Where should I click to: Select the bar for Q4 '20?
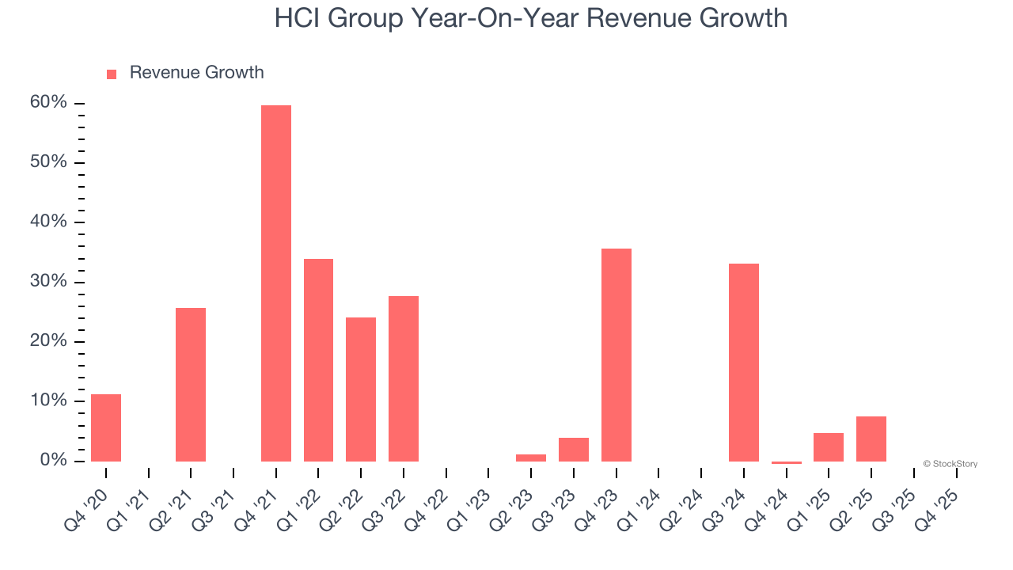[106, 427]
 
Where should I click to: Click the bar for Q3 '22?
[404, 378]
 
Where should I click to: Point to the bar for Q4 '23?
[617, 355]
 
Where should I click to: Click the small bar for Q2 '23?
[531, 458]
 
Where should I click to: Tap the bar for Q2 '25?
[871, 439]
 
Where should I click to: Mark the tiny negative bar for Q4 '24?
[787, 462]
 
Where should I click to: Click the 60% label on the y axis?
[48, 103]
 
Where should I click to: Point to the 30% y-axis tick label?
[48, 282]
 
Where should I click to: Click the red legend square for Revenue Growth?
[112, 74]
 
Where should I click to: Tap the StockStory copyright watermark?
[950, 464]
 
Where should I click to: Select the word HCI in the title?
[299, 17]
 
